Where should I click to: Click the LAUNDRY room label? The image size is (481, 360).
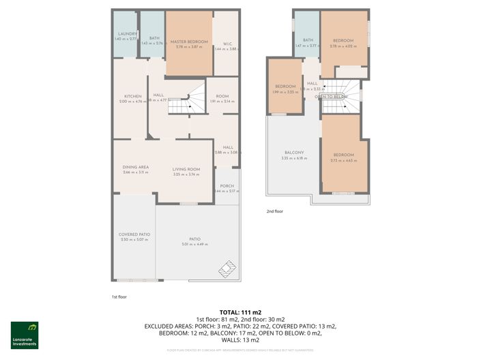coord(128,34)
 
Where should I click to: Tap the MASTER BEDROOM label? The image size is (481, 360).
coord(188,42)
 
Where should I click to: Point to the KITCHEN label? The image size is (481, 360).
coord(132,96)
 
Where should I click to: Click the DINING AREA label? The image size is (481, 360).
coord(135,167)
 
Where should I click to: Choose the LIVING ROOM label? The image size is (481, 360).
coord(186,170)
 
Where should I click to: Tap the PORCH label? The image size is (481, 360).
coord(227,186)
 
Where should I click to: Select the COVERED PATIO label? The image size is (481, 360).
coord(134,235)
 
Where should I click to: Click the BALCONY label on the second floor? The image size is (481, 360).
coord(294,152)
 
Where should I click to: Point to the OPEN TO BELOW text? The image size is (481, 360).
coord(331,97)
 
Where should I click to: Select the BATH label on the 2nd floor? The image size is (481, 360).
coord(308,40)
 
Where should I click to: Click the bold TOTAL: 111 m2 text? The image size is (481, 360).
coord(240,311)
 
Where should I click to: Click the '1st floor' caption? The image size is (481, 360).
coord(119,297)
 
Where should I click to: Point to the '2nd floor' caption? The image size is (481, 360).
coord(274,211)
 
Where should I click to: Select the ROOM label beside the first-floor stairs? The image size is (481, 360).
coord(222,96)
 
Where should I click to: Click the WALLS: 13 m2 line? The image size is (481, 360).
coord(240,340)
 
